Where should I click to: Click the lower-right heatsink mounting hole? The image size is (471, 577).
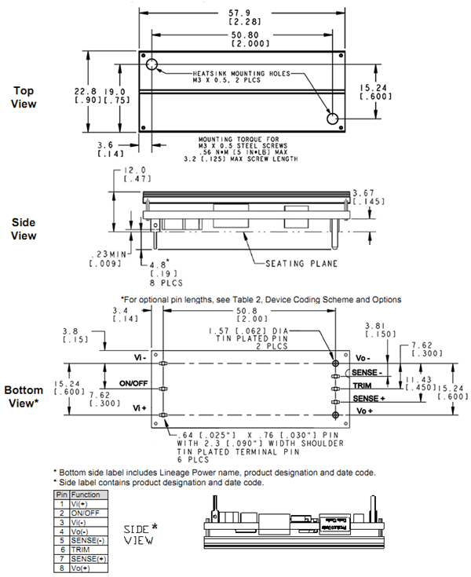pyautogui.click(x=333, y=118)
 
